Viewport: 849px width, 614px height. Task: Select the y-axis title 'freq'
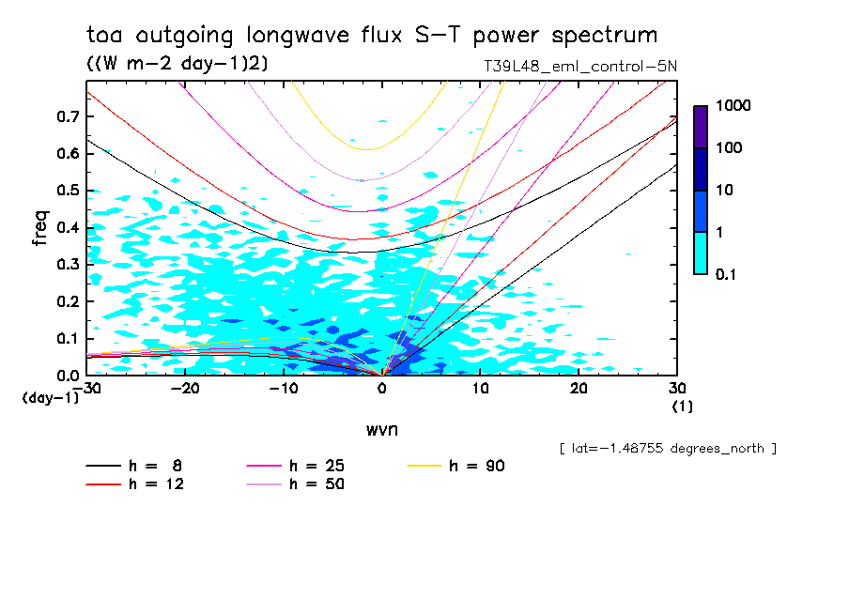(x=40, y=228)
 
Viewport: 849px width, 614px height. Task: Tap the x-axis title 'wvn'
(x=381, y=430)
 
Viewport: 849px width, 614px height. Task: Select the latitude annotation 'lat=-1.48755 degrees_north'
(x=668, y=449)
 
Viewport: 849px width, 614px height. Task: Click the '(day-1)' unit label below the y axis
(x=50, y=398)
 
